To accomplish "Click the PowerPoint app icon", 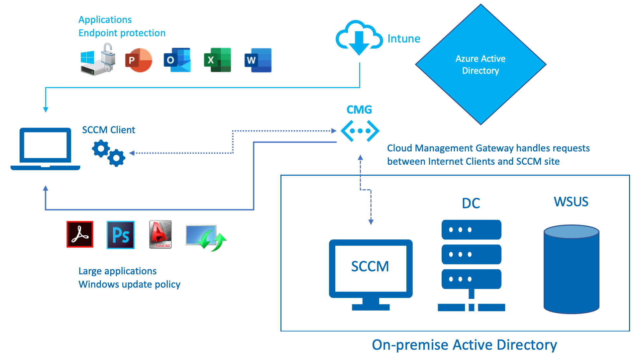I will coord(138,60).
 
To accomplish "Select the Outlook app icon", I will coord(177,60).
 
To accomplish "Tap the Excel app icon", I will coord(217,60).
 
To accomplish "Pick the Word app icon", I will coord(258,60).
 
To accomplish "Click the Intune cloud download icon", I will coord(359,38).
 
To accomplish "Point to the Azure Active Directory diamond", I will coord(480,65).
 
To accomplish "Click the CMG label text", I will coord(359,110).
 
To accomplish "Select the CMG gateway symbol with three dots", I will coord(360,131).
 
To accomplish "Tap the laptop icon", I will coord(45,149).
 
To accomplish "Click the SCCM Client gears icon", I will coord(109,153).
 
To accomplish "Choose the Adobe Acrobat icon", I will coord(80,234).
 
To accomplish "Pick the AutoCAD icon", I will coord(160,234).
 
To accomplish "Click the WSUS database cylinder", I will coord(571,269).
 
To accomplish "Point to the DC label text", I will coord(471,203).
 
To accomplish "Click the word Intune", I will coord(404,39).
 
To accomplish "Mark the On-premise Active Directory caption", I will coord(464,345).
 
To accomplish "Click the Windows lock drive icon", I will coord(98,60).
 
